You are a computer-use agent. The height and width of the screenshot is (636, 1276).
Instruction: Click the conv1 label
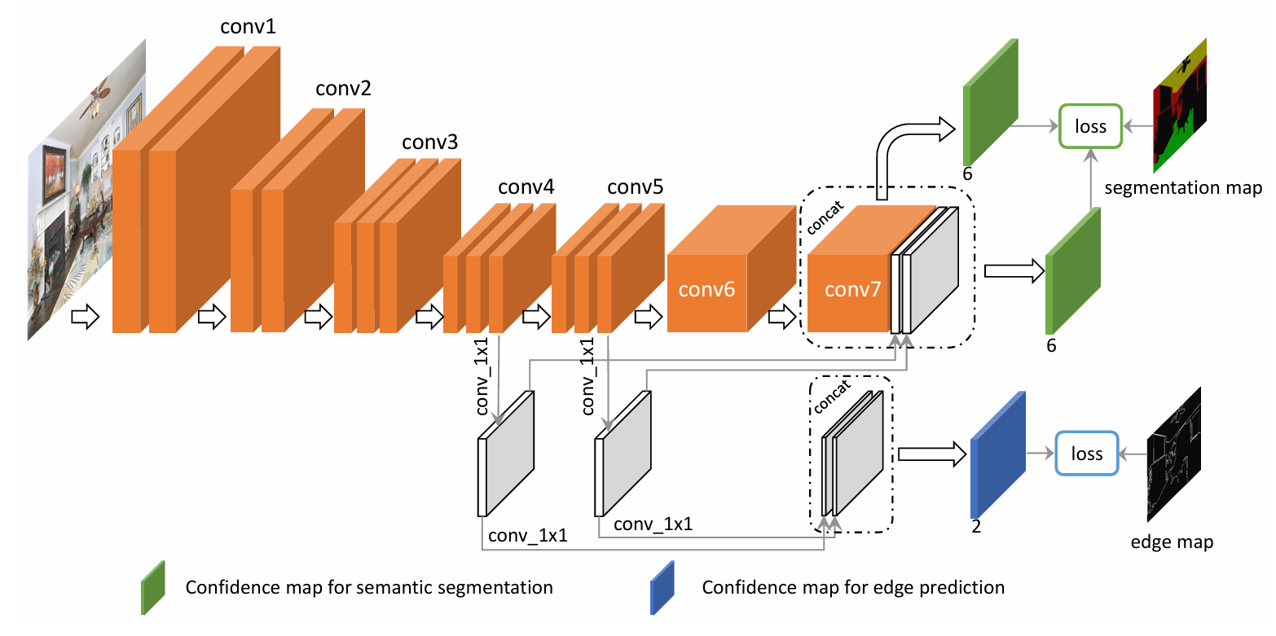pos(248,27)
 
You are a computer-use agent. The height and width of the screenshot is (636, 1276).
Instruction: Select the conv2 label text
pos(343,88)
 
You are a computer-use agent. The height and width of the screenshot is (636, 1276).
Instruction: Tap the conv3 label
pos(429,143)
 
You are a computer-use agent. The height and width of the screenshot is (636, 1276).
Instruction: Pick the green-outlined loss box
pos(1090,126)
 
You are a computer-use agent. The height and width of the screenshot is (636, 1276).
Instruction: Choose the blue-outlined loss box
pos(1087,454)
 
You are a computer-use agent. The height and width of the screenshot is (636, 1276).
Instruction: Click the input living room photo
pos(87,187)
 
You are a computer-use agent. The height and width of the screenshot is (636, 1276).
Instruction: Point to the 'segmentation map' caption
pos(1183,189)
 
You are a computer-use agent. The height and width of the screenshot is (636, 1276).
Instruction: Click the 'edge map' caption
pos(1172,542)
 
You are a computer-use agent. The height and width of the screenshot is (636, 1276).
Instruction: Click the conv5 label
pos(635,188)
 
